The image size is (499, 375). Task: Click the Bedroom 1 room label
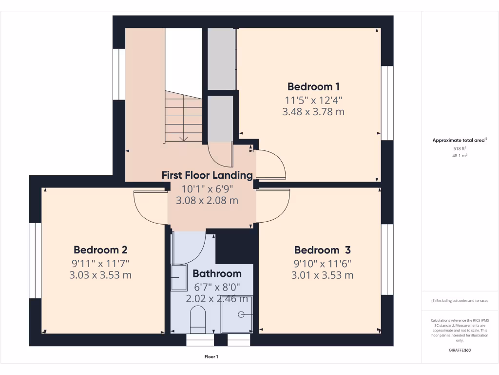tap(313, 87)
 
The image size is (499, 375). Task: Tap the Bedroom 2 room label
tap(100, 250)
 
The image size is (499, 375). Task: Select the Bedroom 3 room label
tap(322, 250)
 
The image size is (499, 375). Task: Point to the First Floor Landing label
tap(207, 175)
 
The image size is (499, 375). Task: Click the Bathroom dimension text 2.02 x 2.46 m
tap(218, 299)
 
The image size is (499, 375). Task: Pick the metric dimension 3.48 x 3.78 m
tap(313, 112)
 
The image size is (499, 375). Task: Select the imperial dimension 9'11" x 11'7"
tap(100, 264)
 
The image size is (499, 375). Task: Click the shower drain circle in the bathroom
tap(241, 315)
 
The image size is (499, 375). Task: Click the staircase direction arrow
tap(184, 138)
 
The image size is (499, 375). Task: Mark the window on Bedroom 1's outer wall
tap(387, 103)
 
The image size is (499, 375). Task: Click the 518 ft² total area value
tap(460, 148)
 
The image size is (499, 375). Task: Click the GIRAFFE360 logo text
tap(460, 350)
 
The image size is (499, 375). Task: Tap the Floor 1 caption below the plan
tap(211, 357)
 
